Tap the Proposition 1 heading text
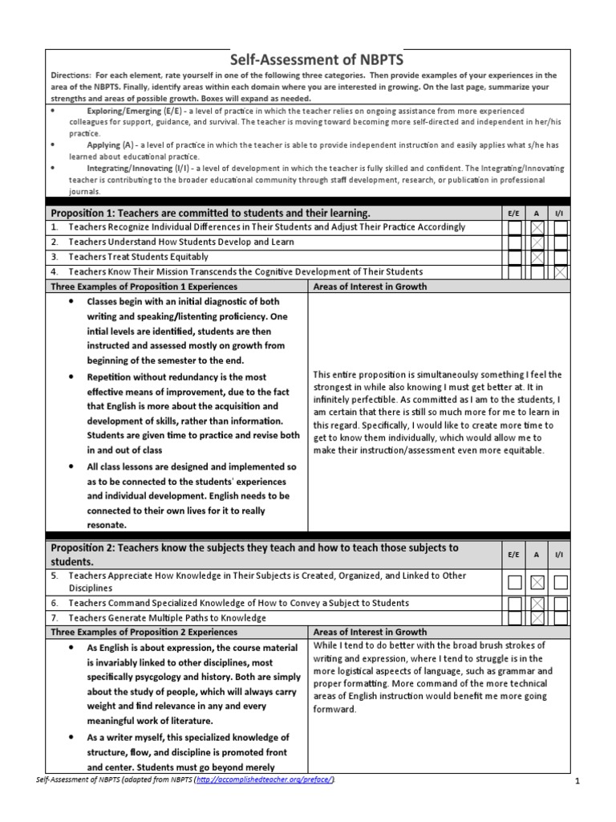210,213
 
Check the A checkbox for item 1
537,228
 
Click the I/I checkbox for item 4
561,273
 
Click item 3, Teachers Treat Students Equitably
138,257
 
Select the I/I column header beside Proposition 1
560,214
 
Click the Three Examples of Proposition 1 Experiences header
144,287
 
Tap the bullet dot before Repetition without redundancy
71,376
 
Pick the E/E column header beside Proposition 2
514,555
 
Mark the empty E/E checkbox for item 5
515,582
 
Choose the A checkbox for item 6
537,604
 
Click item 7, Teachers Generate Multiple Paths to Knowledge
167,618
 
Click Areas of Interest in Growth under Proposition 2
370,633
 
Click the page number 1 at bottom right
577,781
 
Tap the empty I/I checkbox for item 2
561,243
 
